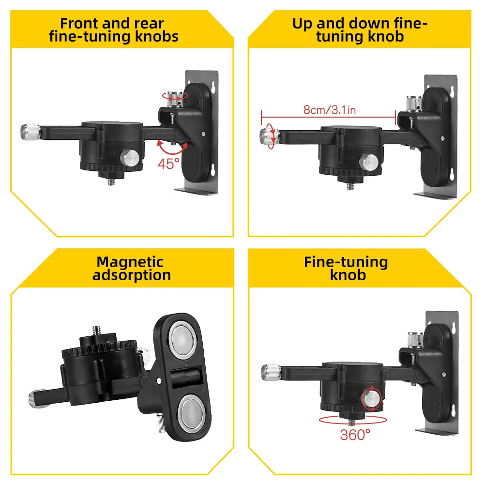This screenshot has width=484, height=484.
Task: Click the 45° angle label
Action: point(168,164)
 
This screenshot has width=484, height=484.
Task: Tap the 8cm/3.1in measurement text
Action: point(329,109)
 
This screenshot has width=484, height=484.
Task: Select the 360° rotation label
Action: point(355,435)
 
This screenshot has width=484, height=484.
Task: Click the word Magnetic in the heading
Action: point(130,262)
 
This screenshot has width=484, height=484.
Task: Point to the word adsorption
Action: point(132,275)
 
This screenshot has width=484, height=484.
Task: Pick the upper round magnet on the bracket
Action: point(183,339)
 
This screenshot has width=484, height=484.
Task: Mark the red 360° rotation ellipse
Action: point(353,420)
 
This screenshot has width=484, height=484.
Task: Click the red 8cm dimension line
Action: point(329,117)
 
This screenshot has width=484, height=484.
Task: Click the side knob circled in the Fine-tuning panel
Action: point(372,398)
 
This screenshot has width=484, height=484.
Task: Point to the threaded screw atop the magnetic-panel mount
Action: point(98,330)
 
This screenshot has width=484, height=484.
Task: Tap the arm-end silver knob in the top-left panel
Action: point(30,132)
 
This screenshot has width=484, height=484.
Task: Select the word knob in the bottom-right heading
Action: point(348,275)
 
